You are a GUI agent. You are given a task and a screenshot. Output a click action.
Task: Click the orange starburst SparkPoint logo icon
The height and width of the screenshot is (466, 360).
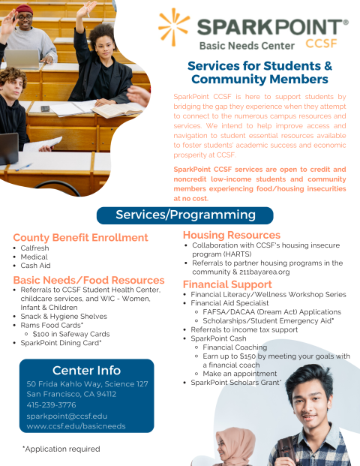click(174, 28)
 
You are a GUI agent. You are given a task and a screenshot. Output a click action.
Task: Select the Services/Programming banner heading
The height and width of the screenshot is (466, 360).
click(185, 215)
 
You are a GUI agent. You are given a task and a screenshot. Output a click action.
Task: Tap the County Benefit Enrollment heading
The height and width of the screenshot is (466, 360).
click(80, 238)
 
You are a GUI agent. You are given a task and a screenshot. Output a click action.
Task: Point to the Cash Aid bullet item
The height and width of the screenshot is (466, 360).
click(36, 266)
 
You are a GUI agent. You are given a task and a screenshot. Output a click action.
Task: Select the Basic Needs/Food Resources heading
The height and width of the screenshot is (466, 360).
click(88, 280)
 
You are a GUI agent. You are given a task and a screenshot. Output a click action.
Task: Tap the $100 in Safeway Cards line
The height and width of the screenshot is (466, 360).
click(71, 334)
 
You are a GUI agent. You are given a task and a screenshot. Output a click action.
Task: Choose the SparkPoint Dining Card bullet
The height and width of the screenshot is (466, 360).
click(61, 343)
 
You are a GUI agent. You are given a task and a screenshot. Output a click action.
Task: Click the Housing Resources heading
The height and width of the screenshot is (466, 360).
click(232, 236)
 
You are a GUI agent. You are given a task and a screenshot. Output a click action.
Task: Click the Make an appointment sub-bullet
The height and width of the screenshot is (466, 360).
click(239, 373)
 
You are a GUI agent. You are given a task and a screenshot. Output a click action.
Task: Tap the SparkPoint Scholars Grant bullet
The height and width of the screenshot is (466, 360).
click(235, 383)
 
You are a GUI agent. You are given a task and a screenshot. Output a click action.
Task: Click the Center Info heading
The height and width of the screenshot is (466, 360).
click(86, 370)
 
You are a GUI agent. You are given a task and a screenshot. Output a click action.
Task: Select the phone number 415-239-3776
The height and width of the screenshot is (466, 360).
click(50, 404)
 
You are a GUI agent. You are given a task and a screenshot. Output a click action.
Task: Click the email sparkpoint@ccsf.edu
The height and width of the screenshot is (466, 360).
click(67, 415)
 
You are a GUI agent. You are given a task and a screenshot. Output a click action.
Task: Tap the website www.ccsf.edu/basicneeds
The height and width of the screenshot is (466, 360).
click(76, 425)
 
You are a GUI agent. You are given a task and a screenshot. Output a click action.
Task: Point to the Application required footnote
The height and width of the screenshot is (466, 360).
click(61, 449)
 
